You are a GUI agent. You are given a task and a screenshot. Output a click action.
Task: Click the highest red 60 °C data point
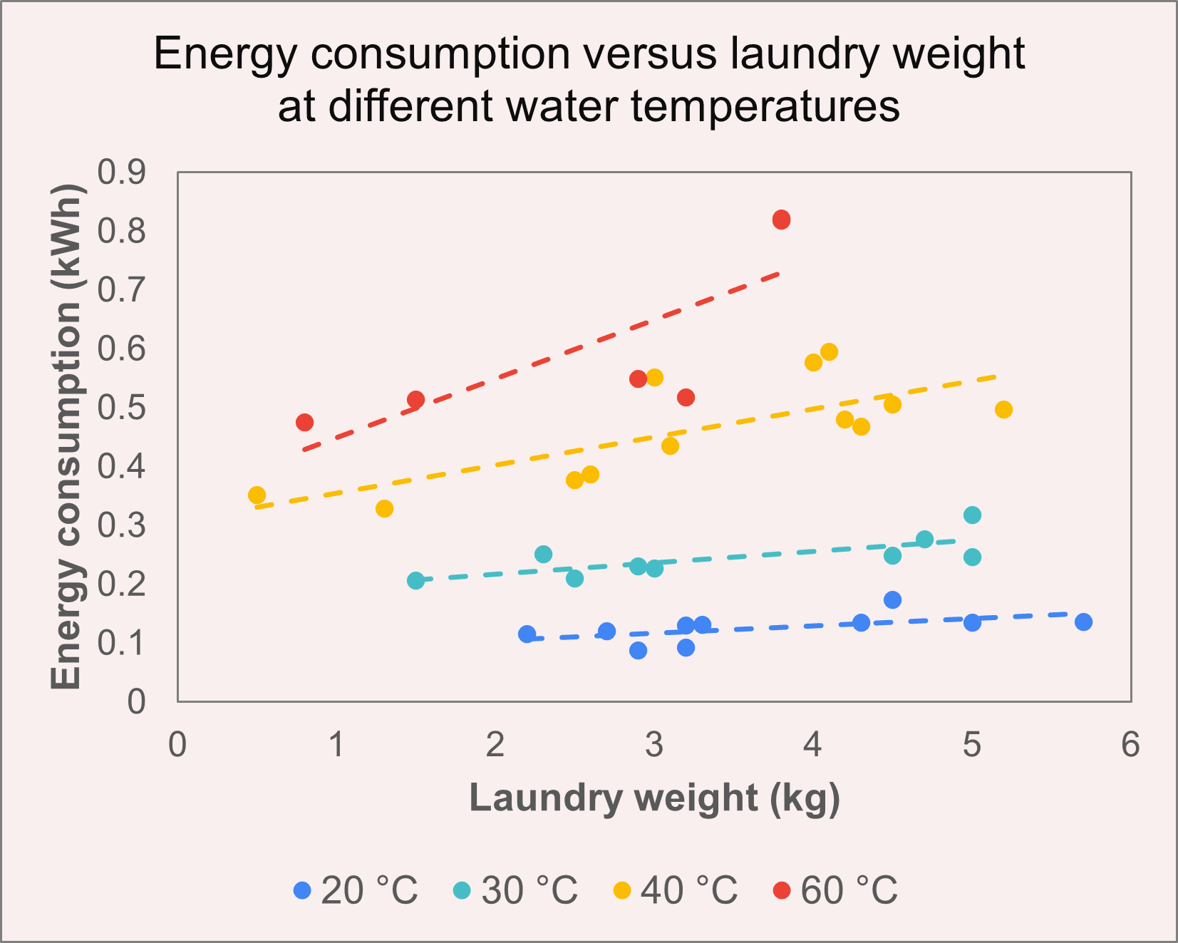pyautogui.click(x=781, y=220)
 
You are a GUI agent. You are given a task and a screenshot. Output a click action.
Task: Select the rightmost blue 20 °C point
pyautogui.click(x=1083, y=622)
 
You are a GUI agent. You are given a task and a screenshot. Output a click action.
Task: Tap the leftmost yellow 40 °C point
pyautogui.click(x=257, y=495)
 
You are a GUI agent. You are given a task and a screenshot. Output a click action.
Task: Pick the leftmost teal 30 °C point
pyautogui.click(x=415, y=580)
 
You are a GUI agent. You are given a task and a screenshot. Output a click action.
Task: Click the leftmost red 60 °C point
pyautogui.click(x=304, y=422)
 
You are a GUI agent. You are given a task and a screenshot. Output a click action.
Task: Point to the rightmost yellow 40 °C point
pyautogui.click(x=1003, y=409)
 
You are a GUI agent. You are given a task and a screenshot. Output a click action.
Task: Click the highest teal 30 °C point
pyautogui.click(x=972, y=515)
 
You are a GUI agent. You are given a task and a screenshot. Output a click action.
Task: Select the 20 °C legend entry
pyautogui.click(x=356, y=890)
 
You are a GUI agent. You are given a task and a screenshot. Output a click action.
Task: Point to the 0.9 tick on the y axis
pyautogui.click(x=121, y=172)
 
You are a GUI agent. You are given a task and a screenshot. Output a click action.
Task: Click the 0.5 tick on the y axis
pyautogui.click(x=121, y=408)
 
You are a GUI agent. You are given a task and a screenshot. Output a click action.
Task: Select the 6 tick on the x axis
pyautogui.click(x=1130, y=745)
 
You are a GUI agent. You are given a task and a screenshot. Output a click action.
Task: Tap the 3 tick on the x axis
pyautogui.click(x=653, y=745)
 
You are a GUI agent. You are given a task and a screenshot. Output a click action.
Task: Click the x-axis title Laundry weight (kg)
pyautogui.click(x=654, y=798)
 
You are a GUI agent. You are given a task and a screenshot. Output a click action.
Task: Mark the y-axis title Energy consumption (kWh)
pyautogui.click(x=66, y=436)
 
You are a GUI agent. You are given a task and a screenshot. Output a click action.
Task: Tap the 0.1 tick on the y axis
pyautogui.click(x=121, y=644)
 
